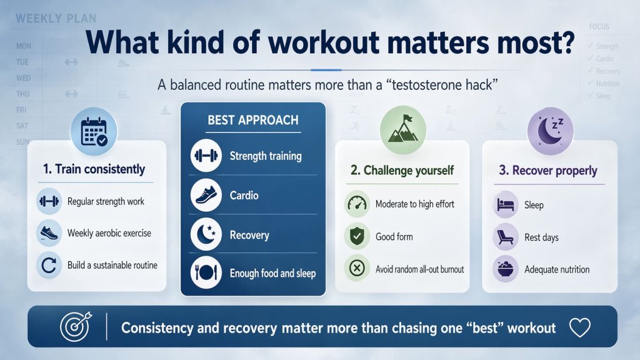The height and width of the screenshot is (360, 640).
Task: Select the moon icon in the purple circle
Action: point(551,132)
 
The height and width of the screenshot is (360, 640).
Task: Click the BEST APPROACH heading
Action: point(253,120)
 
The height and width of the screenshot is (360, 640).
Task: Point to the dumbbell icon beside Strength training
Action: point(206,156)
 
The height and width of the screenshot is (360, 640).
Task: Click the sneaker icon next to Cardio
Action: point(206,196)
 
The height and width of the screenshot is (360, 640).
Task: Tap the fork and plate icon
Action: point(206,273)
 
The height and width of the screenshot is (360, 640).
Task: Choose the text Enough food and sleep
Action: point(272,273)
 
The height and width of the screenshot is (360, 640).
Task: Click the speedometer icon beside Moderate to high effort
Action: point(356,204)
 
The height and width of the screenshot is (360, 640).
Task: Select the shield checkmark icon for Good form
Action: point(356,237)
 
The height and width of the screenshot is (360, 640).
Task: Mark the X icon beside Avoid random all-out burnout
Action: point(356,269)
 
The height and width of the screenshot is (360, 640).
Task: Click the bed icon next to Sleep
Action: point(505,205)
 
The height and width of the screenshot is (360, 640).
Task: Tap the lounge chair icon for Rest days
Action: point(505,237)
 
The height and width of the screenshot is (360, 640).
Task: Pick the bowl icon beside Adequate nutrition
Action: point(505,269)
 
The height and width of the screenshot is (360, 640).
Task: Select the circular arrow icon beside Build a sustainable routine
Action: point(47,265)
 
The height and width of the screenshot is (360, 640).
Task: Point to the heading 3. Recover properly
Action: point(548,171)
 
